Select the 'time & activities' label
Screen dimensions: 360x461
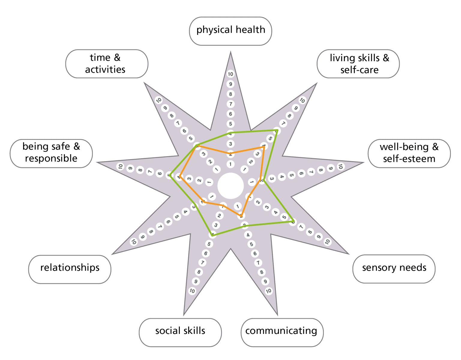coord(107,64)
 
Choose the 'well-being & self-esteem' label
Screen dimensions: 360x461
coord(409,153)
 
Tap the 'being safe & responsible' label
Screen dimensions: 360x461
coord(51,153)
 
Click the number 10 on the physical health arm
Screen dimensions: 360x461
coord(230,74)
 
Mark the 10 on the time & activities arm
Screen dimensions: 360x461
coord(158,100)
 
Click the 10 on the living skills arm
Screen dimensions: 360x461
coord(302,100)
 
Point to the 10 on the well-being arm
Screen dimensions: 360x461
coord(340,166)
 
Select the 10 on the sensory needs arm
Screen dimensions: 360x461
coord(327,241)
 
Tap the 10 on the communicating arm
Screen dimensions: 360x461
coord(269,291)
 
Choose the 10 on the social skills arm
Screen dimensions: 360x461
coord(192,291)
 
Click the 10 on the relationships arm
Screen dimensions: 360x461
coord(134,242)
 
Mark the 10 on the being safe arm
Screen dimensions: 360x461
coord(120,166)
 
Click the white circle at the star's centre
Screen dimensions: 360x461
coord(230,186)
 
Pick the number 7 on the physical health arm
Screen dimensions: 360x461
coord(230,104)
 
